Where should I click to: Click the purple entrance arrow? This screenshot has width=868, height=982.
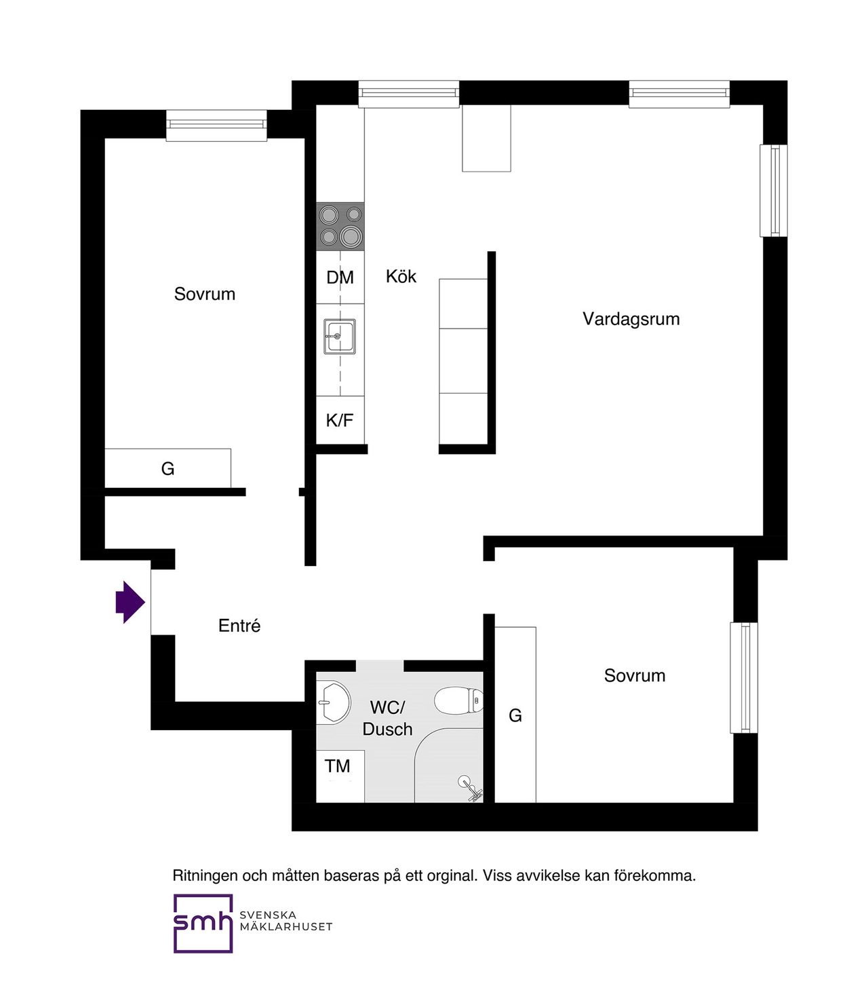click(130, 602)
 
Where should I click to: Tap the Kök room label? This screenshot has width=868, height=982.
click(401, 276)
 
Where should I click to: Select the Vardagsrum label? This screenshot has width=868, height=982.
click(631, 319)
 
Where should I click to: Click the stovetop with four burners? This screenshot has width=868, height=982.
click(340, 226)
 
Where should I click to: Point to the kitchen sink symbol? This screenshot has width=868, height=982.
click(339, 336)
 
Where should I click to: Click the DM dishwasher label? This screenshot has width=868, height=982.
click(340, 278)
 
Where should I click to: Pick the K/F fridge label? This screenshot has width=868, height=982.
click(340, 420)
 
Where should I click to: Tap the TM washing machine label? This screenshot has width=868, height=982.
click(338, 766)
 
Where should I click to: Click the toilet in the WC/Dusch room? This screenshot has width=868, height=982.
click(458, 700)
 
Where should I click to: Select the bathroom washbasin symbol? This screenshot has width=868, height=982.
click(334, 702)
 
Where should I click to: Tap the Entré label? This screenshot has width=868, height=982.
click(239, 626)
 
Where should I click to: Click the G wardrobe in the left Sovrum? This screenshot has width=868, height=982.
click(167, 468)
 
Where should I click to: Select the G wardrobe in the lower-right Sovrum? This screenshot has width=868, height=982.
click(515, 715)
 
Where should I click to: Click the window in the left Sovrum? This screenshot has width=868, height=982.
click(216, 126)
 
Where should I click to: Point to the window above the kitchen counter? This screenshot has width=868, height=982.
click(408, 94)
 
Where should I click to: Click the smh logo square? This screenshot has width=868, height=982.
click(202, 923)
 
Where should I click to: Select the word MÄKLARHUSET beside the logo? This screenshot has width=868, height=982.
click(285, 926)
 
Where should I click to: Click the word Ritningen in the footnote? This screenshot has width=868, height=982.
click(205, 875)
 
